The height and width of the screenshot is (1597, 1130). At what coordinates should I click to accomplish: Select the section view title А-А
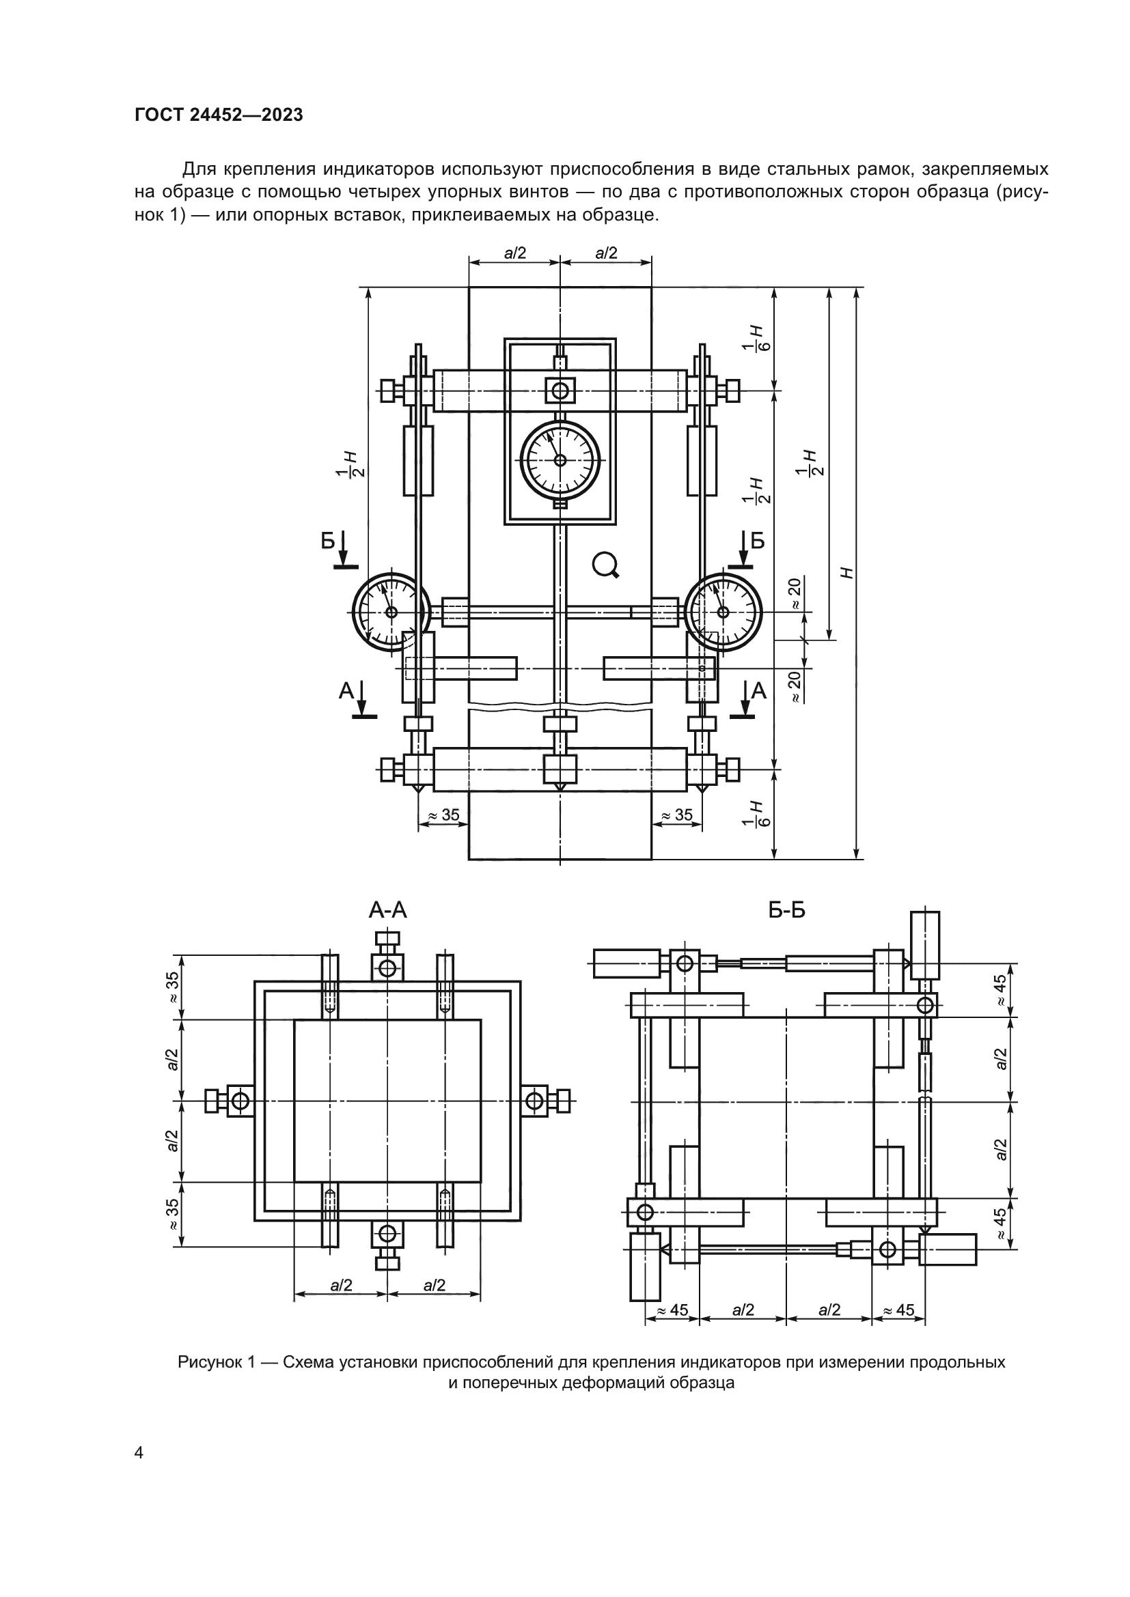pyautogui.click(x=387, y=909)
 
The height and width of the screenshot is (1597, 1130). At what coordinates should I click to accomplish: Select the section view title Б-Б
pyautogui.click(x=787, y=909)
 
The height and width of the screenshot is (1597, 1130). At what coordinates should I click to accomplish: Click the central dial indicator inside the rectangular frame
pyautogui.click(x=560, y=459)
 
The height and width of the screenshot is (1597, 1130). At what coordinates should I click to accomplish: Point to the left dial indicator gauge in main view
pyautogui.click(x=390, y=612)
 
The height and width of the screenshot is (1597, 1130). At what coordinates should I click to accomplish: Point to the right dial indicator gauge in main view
pyautogui.click(x=724, y=612)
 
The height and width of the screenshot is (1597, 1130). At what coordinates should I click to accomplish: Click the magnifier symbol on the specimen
pyautogui.click(x=605, y=565)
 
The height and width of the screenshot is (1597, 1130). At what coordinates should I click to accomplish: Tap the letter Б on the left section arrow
pyautogui.click(x=329, y=541)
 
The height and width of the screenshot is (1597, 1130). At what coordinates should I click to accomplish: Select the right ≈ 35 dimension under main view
pyautogui.click(x=676, y=815)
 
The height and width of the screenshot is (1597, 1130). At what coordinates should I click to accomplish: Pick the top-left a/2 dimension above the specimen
pyautogui.click(x=515, y=253)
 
